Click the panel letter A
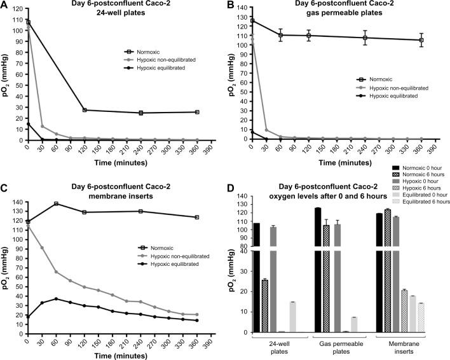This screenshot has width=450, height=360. point(4,6)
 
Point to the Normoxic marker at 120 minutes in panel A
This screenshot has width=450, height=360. point(85,110)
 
